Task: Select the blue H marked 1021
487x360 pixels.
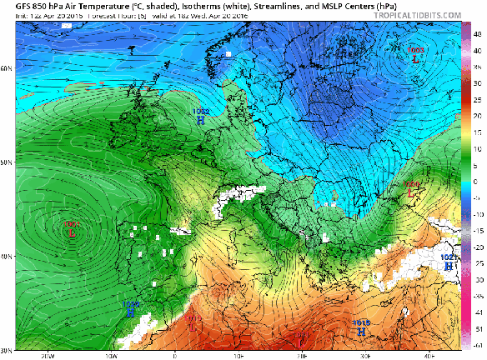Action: (x=449, y=267)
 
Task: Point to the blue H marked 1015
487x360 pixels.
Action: (x=361, y=331)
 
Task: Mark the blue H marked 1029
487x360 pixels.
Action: (x=131, y=312)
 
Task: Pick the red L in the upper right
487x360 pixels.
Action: (x=416, y=58)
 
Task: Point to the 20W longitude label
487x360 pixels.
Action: (x=46, y=355)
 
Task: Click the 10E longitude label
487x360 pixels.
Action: (x=238, y=355)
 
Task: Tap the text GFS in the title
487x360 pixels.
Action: (x=12, y=5)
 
